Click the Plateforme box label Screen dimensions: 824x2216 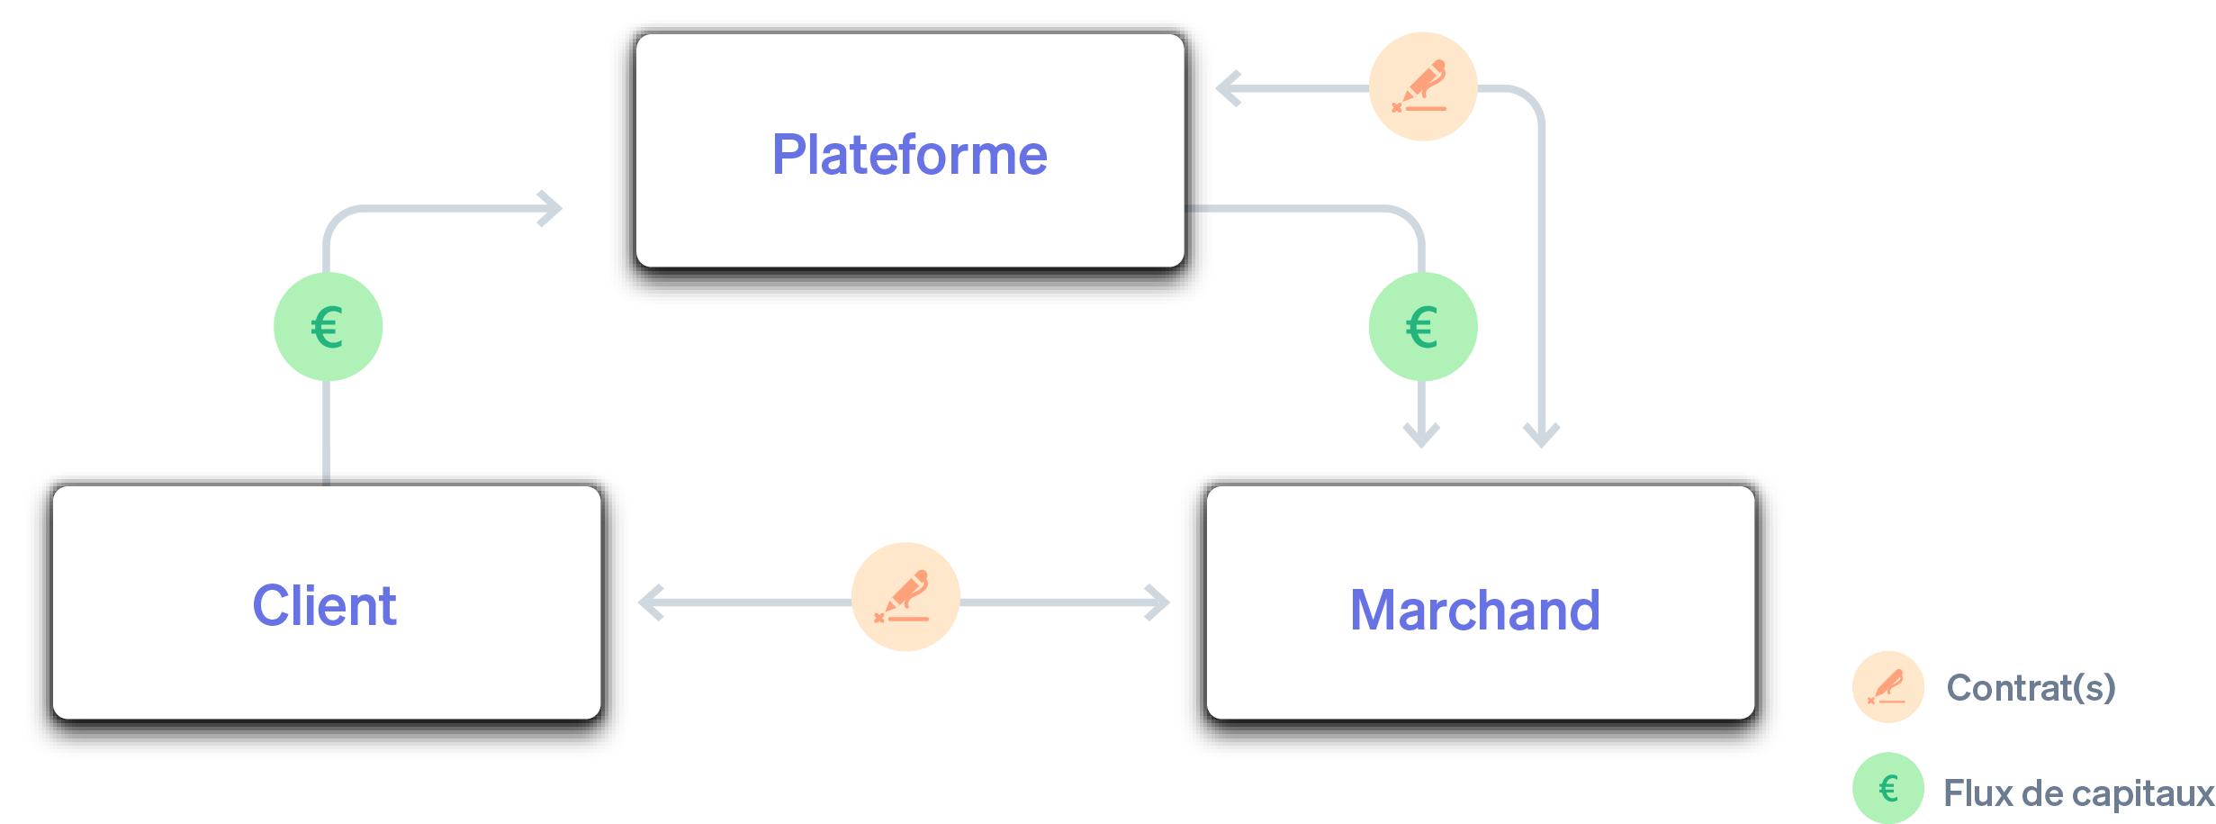click(x=909, y=155)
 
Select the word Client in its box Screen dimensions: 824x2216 click(x=324, y=605)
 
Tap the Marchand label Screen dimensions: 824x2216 click(x=1474, y=610)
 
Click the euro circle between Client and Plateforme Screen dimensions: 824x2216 click(x=328, y=326)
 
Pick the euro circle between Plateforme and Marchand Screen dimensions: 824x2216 click(x=1422, y=326)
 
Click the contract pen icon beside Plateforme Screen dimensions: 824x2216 click(x=1422, y=86)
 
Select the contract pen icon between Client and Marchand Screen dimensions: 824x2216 click(x=905, y=596)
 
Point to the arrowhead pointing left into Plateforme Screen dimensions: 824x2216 click(x=1228, y=88)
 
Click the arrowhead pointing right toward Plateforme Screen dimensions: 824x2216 click(x=551, y=209)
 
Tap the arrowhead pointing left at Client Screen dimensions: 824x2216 click(x=650, y=602)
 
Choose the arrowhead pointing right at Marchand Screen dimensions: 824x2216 click(x=1158, y=602)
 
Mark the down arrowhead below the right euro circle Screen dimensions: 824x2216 click(x=1421, y=436)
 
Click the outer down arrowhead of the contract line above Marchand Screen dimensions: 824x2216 click(x=1541, y=436)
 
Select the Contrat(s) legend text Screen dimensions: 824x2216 click(x=2031, y=688)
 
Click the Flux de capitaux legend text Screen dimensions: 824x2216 click(x=2077, y=793)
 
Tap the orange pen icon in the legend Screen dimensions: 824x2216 click(x=1887, y=687)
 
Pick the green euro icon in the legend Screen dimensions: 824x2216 click(x=1887, y=789)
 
